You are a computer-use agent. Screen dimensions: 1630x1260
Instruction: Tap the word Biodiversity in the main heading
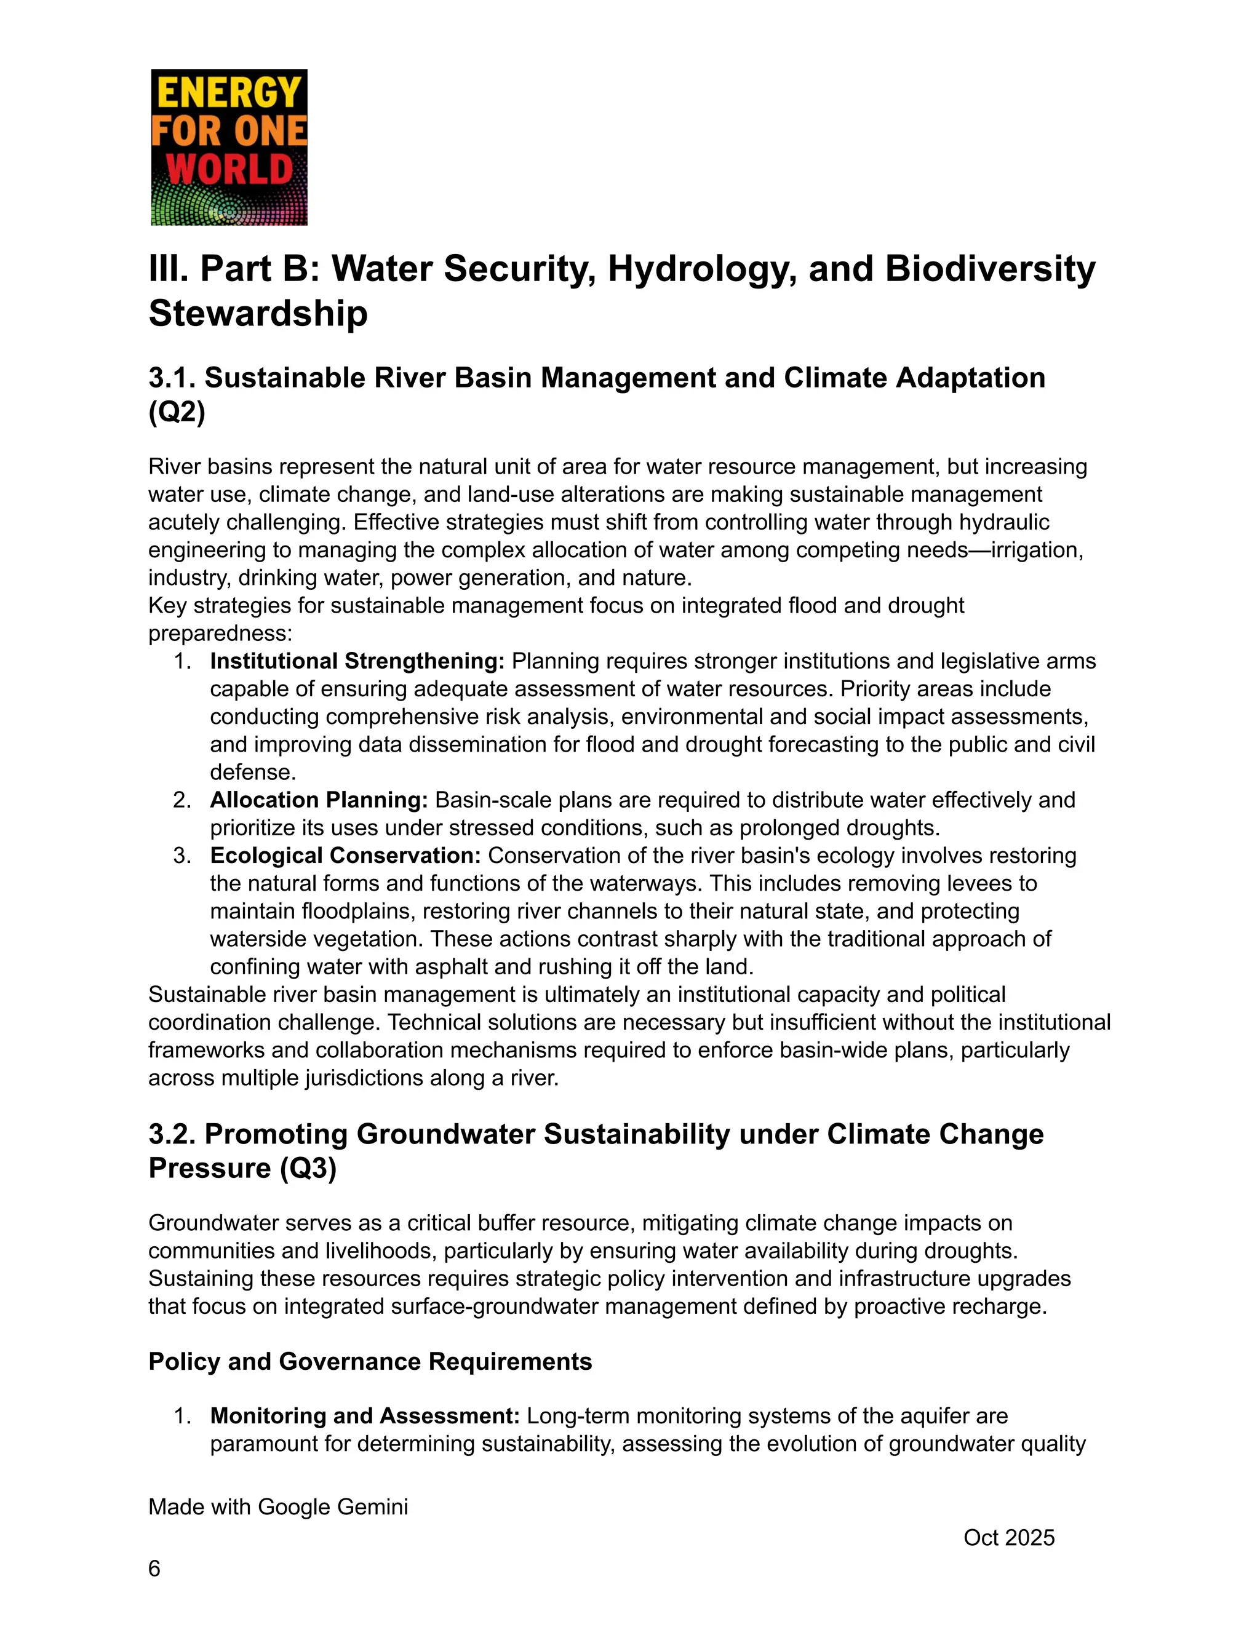point(990,269)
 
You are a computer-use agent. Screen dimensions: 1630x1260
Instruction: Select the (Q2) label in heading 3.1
point(177,411)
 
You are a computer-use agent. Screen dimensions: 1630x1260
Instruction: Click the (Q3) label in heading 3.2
point(308,1167)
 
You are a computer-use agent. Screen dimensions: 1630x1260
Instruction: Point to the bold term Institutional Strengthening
point(357,661)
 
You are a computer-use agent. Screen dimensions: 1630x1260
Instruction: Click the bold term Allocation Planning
point(319,800)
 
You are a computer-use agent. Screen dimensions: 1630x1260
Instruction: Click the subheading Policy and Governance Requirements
point(370,1361)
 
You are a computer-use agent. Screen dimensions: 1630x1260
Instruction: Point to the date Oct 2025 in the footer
point(1008,1538)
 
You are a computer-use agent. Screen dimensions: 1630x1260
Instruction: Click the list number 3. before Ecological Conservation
point(182,856)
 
